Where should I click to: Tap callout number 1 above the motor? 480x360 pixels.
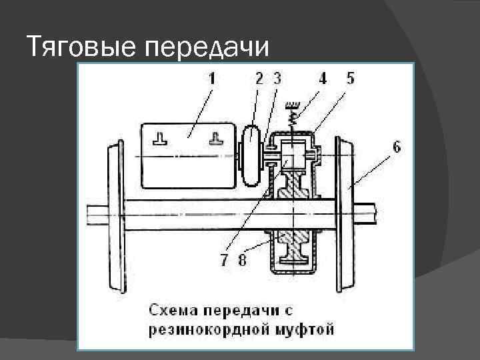pyautogui.click(x=211, y=78)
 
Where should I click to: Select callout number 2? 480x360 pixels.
pyautogui.click(x=259, y=78)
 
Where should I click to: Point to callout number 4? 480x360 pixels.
pyautogui.click(x=323, y=78)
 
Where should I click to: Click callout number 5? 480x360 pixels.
pyautogui.click(x=350, y=78)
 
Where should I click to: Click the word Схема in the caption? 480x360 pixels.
pyautogui.click(x=173, y=311)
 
